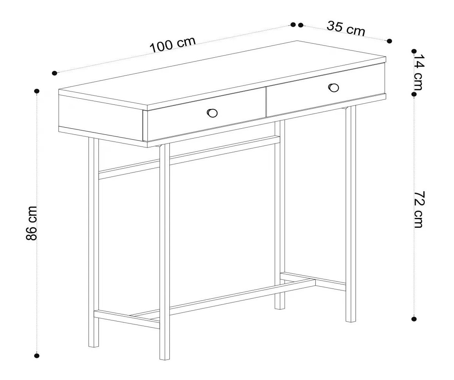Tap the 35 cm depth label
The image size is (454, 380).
[346, 28]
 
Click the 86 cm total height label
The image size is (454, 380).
[31, 223]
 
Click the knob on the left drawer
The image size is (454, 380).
[212, 113]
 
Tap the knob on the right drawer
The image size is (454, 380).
[334, 87]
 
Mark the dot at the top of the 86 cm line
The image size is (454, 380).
[37, 91]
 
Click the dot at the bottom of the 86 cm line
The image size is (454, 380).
[36, 356]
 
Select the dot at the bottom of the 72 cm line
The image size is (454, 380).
[414, 319]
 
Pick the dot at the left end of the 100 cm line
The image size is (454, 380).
[54, 73]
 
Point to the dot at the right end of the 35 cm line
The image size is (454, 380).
[389, 41]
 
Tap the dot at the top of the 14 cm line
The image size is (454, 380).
[414, 51]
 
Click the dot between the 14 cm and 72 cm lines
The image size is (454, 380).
[414, 95]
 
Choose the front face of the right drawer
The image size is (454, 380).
[326, 90]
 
